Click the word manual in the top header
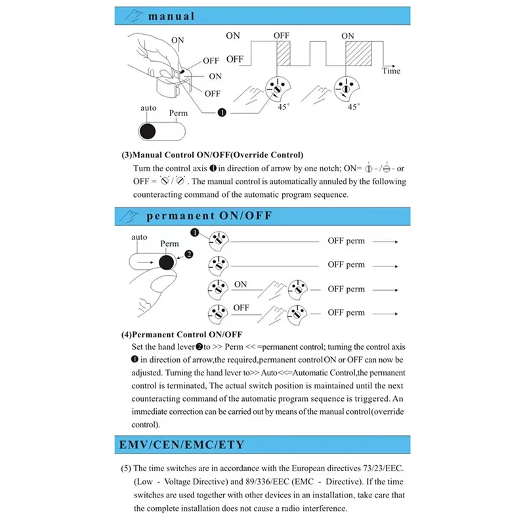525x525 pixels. click(x=171, y=16)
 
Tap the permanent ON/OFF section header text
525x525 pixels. click(x=209, y=215)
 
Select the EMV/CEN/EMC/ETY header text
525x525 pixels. click(x=181, y=445)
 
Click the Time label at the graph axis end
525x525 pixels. click(x=391, y=71)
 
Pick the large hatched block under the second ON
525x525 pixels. click(x=359, y=53)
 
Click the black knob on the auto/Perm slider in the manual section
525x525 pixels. click(x=148, y=129)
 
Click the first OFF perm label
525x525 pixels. click(x=346, y=241)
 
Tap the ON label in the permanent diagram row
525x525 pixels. click(x=241, y=284)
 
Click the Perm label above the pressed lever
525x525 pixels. click(x=169, y=243)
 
